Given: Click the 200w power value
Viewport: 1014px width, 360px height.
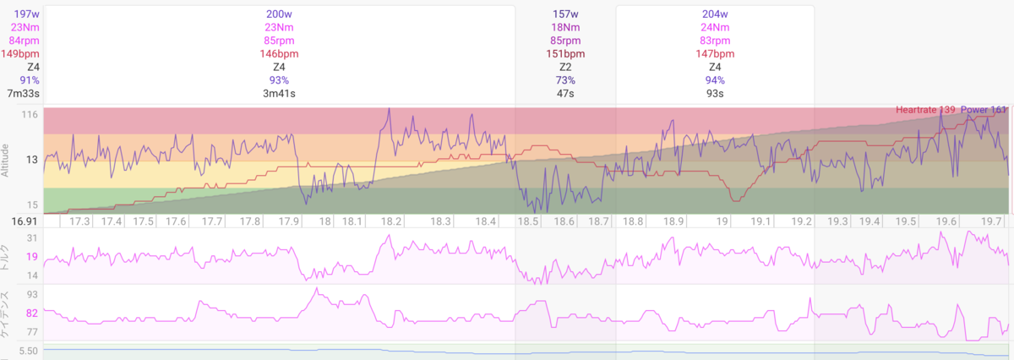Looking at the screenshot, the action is point(279,14).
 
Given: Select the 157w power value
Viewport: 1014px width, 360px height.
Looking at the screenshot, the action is point(565,14).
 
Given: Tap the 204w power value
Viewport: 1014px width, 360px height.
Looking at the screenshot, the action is point(715,14).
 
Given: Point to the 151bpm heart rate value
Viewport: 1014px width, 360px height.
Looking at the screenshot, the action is point(565,54).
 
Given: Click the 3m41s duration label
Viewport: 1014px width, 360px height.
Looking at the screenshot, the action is point(279,94).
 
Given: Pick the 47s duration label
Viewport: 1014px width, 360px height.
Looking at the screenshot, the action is point(565,94).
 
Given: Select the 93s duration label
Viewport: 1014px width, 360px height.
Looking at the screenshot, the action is point(715,94).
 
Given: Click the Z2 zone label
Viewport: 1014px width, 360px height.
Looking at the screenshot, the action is point(565,67).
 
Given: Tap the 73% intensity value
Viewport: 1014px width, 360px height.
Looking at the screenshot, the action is point(565,80).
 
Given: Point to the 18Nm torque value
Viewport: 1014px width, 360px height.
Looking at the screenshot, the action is point(565,27).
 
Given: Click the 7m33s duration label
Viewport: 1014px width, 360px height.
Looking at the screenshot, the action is point(23,94).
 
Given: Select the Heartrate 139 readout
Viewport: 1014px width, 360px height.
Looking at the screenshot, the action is point(925,110).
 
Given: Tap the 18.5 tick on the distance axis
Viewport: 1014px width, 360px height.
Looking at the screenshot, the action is point(528,221).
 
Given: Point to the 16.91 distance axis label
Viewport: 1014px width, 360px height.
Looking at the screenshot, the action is point(25,221).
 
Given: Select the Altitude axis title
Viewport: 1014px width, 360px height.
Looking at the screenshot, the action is point(5,161).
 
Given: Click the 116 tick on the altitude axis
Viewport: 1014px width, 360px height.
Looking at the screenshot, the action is point(30,115).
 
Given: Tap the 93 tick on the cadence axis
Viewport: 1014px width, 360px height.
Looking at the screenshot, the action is point(32,295).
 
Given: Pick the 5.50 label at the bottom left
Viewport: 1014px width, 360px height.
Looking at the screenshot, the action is point(28,352).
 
